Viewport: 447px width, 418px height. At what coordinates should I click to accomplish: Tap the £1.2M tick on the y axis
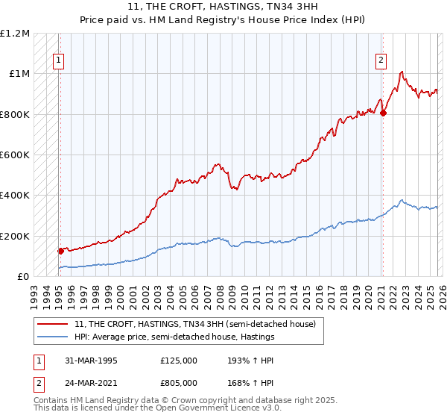click(x=15, y=34)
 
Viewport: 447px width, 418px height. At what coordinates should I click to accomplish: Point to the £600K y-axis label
click(x=15, y=155)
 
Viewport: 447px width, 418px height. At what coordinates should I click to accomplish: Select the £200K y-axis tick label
click(x=15, y=236)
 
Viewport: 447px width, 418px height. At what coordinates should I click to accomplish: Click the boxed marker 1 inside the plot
click(x=57, y=61)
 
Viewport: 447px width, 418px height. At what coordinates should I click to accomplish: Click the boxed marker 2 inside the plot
click(x=381, y=61)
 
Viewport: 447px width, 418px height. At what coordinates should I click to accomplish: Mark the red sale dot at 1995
click(x=60, y=252)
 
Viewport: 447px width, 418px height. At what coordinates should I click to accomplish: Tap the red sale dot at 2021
click(x=383, y=113)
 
